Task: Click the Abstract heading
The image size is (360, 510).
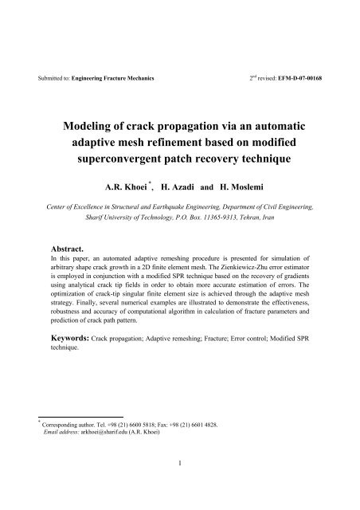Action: coord(71,248)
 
